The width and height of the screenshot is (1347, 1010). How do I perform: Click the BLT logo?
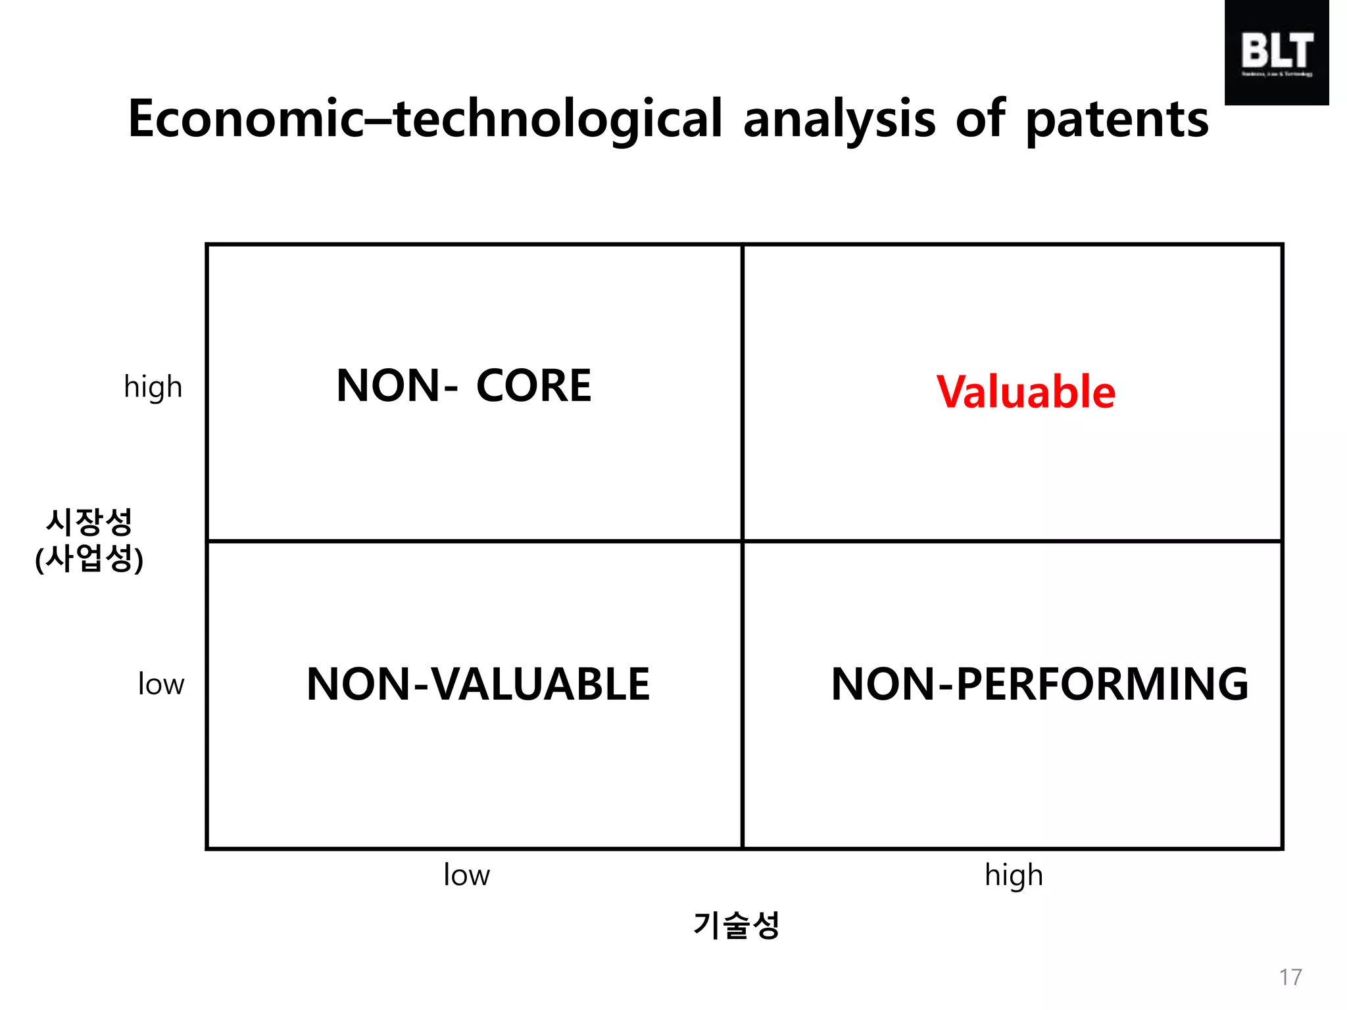[x=1277, y=53]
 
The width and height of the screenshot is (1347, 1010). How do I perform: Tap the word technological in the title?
[x=558, y=120]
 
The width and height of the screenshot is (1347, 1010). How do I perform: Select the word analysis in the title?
[x=839, y=120]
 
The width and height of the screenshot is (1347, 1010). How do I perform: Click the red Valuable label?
[x=1025, y=392]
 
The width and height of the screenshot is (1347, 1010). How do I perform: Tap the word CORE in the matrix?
[x=533, y=386]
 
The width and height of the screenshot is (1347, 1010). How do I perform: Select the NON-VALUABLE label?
[x=478, y=685]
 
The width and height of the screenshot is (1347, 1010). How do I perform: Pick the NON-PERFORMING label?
[x=1039, y=685]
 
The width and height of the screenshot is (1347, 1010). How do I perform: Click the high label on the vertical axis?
[x=153, y=387]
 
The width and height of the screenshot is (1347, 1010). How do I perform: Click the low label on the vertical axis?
[x=161, y=685]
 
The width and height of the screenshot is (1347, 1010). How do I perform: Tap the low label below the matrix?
[x=466, y=875]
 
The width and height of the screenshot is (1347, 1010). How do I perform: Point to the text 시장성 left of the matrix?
[x=89, y=522]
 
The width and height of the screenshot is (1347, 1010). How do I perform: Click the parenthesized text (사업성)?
[x=89, y=559]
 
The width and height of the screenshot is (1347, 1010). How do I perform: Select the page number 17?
[x=1290, y=977]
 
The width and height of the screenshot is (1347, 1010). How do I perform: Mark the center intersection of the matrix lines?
[x=742, y=541]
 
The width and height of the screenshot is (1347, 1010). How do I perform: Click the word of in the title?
[x=980, y=119]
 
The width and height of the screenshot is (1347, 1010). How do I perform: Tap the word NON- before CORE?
[x=397, y=386]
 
